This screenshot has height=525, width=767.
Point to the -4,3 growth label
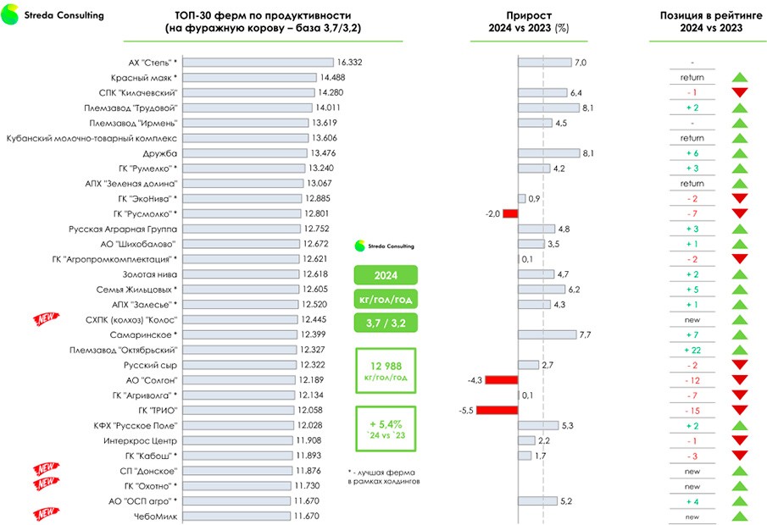point(474,380)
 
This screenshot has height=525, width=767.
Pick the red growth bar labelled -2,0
point(510,213)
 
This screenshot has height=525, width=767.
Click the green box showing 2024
point(386,275)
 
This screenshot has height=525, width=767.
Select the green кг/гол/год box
point(386,299)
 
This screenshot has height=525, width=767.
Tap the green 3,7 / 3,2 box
point(386,323)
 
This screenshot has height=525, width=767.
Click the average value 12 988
point(386,365)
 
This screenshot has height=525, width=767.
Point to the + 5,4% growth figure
point(386,423)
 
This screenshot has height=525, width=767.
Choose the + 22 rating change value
point(692,351)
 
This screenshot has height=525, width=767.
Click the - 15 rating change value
point(692,411)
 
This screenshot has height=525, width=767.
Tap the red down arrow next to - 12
point(740,380)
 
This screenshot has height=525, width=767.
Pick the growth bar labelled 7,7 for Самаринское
point(547,334)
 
